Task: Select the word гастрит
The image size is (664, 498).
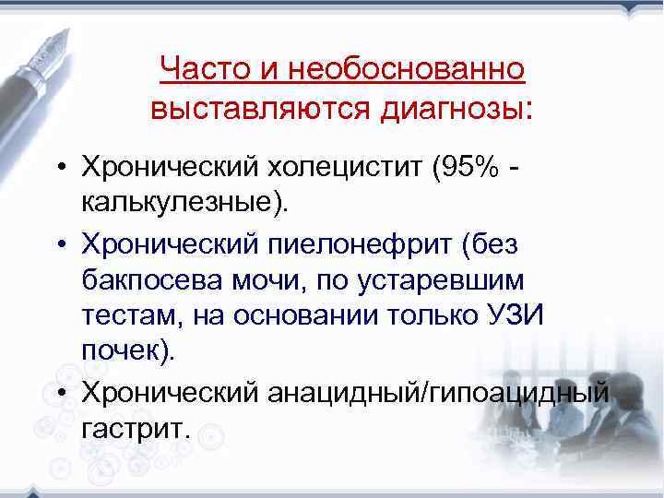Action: [131, 428]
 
